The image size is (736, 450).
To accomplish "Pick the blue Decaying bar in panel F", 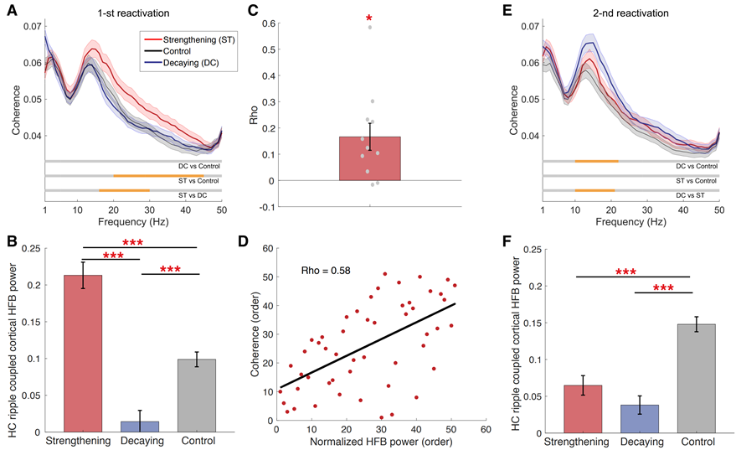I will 639,418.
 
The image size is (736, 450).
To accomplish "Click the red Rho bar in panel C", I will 369,158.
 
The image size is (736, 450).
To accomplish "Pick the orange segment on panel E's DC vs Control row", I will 596,161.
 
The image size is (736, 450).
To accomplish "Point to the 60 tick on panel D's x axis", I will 485,429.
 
